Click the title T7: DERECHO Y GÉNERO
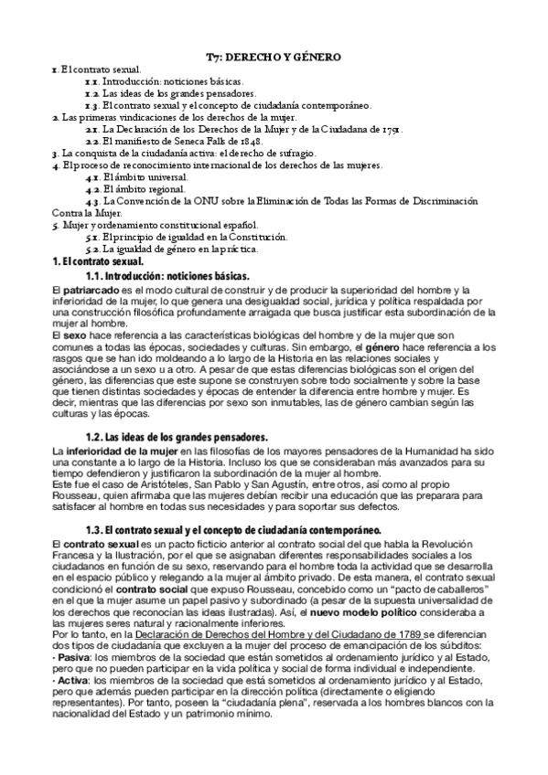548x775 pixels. coord(274,57)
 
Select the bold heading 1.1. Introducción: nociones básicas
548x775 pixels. coord(167,275)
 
